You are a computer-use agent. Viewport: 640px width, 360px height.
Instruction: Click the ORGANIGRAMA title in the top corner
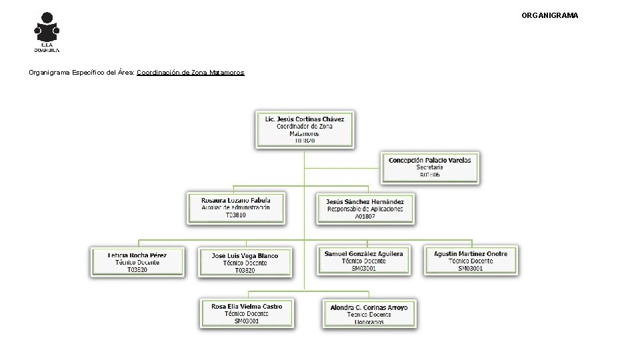[x=549, y=15]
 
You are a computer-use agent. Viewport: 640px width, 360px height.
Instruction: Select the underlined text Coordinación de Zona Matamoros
[x=191, y=72]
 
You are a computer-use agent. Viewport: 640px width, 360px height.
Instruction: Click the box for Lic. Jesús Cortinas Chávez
[x=305, y=129]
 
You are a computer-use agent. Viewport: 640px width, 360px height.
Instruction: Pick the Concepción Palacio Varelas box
[x=430, y=167]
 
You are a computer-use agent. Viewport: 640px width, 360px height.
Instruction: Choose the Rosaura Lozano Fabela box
[x=235, y=208]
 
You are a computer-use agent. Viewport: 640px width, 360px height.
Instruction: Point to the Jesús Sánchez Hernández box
[x=365, y=209]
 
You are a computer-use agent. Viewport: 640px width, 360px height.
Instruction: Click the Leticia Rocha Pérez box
[x=137, y=263]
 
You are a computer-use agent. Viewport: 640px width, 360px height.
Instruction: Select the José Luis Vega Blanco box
[x=245, y=263]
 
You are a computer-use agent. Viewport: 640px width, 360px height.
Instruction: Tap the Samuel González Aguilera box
[x=363, y=261]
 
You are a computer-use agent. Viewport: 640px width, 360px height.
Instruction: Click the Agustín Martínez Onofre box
[x=471, y=261]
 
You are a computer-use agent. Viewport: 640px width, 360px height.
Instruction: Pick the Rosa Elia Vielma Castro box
[x=247, y=313]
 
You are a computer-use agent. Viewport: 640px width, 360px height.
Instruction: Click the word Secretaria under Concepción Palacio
[x=430, y=167]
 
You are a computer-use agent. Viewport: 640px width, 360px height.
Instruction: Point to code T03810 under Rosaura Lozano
[x=235, y=215]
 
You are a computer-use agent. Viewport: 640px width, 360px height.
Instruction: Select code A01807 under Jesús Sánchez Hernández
[x=365, y=217]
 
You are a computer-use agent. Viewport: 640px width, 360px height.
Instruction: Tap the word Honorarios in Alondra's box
[x=369, y=322]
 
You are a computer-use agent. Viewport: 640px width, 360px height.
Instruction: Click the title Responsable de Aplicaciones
[x=365, y=209]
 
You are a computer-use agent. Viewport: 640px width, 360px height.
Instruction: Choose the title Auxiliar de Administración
[x=235, y=208]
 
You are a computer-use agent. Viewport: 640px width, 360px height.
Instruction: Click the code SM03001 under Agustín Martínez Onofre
[x=471, y=268]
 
